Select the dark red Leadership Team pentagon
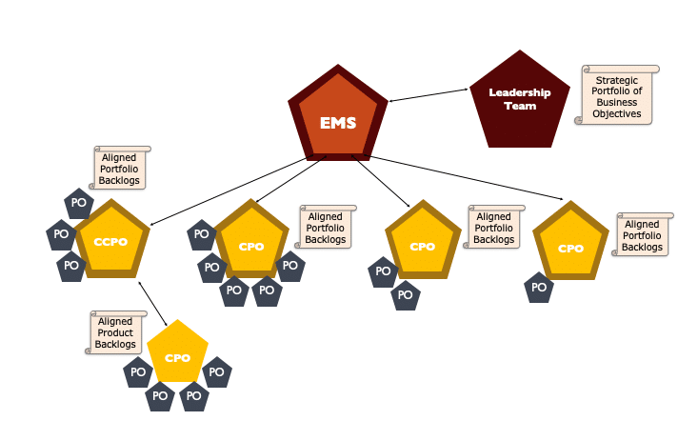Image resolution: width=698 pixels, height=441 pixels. click(519, 100)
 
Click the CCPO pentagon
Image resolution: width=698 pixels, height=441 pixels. click(111, 241)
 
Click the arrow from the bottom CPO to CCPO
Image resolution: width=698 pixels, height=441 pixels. click(154, 305)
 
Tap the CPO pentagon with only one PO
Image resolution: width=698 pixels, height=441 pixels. click(569, 247)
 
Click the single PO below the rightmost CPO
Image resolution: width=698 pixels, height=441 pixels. click(539, 287)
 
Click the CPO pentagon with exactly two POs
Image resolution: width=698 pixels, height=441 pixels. click(422, 245)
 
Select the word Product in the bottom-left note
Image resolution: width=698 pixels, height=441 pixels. click(115, 332)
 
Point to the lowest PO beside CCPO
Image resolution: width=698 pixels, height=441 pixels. click(71, 266)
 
